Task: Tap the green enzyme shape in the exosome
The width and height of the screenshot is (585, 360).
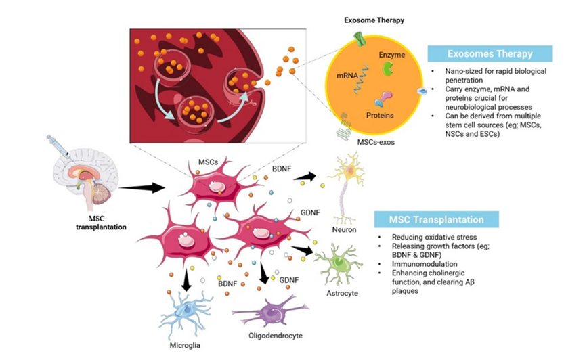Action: coord(388,68)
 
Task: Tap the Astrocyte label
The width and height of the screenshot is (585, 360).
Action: coord(341,293)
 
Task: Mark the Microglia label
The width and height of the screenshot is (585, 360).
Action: coord(183,346)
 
